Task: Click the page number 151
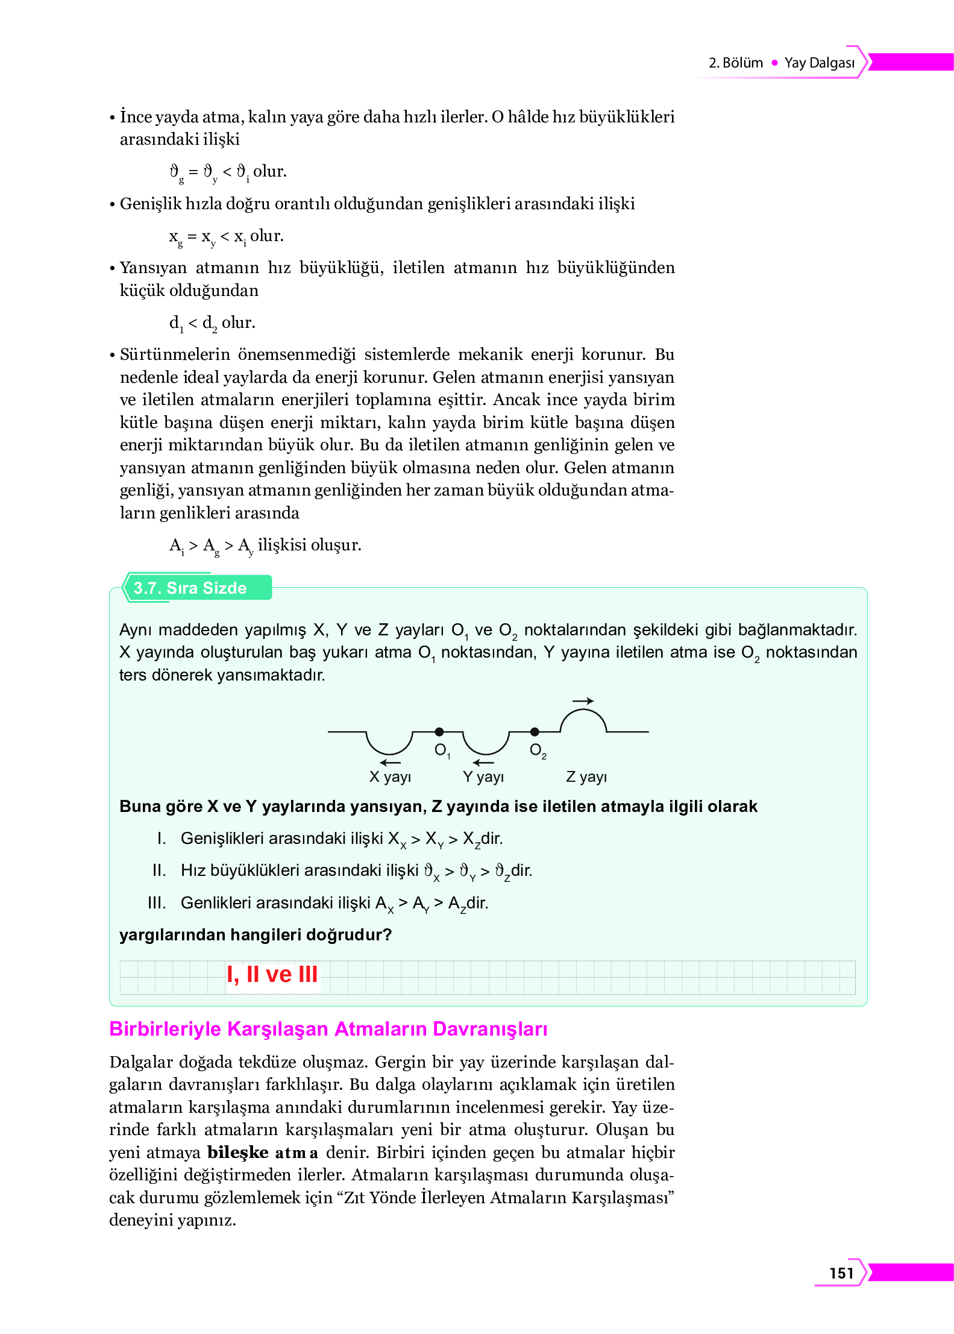click(841, 1273)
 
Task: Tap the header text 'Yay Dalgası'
click(819, 63)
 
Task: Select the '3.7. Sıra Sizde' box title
click(190, 588)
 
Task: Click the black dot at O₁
click(439, 732)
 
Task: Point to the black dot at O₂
click(535, 732)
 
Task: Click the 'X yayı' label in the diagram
click(390, 776)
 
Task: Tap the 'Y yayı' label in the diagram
click(483, 776)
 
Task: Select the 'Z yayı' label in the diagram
click(586, 776)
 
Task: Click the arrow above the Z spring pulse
click(583, 701)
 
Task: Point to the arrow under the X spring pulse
click(391, 763)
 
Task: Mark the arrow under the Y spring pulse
click(484, 763)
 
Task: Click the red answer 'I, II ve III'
click(272, 974)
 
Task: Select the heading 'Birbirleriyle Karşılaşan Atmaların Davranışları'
click(328, 1028)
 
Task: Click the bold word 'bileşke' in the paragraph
click(237, 1152)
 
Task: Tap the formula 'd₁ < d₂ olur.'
click(212, 322)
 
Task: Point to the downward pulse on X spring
click(389, 745)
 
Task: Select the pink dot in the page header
click(774, 63)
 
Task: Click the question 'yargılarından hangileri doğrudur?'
click(256, 934)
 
